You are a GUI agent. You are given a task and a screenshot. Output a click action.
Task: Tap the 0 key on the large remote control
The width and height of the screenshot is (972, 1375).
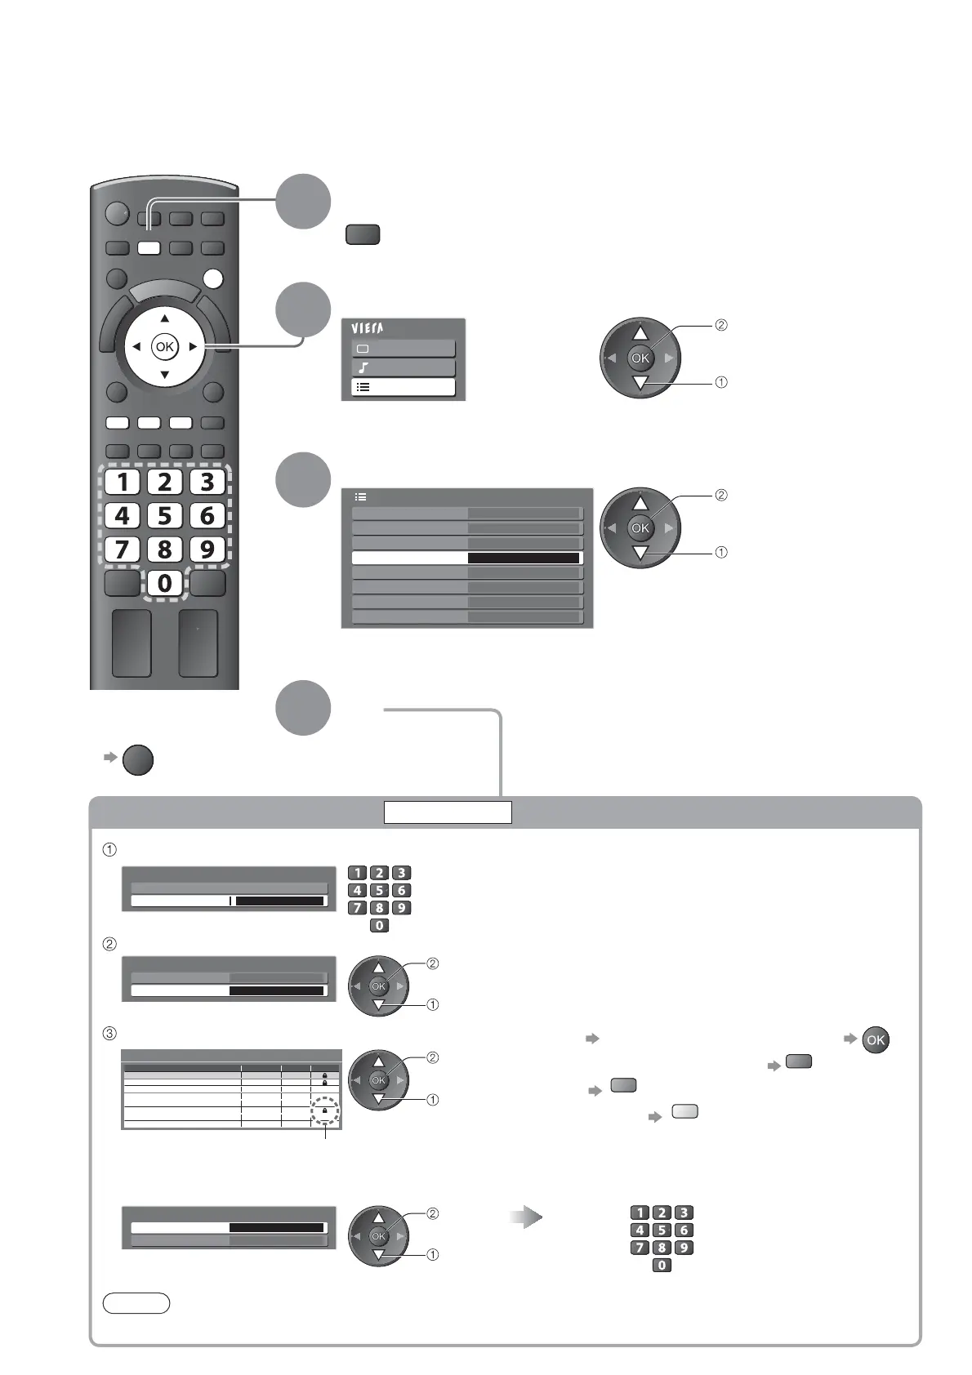click(x=165, y=583)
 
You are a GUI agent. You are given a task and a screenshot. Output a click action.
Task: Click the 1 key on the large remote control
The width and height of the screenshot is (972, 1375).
click(x=123, y=482)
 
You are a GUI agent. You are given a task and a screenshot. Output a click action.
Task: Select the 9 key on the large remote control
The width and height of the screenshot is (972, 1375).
click(x=207, y=549)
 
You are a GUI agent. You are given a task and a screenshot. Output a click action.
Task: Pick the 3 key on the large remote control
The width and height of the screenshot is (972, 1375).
click(x=207, y=482)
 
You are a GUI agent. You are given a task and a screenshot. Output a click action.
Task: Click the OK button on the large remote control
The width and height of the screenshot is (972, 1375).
click(x=165, y=347)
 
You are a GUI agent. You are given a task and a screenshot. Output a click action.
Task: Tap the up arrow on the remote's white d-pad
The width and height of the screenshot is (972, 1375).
click(x=165, y=318)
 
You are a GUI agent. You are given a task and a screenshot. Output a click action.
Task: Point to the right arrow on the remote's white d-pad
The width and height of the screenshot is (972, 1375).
click(x=193, y=347)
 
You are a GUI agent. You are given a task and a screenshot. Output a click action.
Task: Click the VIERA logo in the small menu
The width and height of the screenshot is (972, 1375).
click(x=368, y=328)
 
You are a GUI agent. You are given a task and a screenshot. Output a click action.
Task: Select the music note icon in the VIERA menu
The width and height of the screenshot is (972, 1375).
click(x=363, y=367)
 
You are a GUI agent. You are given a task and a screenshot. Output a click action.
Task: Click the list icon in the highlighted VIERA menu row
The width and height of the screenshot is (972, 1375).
click(x=363, y=387)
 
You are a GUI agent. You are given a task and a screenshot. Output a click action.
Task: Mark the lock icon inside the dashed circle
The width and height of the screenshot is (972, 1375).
click(x=325, y=1111)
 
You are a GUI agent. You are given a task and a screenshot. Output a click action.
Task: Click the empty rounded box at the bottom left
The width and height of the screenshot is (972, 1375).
click(x=136, y=1303)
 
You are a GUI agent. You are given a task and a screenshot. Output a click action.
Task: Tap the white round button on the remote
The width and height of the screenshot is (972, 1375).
click(x=212, y=278)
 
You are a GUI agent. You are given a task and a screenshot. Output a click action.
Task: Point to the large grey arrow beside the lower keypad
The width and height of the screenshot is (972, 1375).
click(x=528, y=1219)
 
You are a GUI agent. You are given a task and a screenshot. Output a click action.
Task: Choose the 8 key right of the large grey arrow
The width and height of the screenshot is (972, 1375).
click(x=662, y=1248)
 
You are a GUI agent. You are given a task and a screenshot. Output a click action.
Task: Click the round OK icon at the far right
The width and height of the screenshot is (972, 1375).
click(x=875, y=1040)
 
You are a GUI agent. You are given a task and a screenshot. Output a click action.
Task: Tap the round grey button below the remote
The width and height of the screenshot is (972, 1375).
click(x=138, y=759)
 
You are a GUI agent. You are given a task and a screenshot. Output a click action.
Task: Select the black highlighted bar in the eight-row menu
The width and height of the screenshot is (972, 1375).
click(x=524, y=558)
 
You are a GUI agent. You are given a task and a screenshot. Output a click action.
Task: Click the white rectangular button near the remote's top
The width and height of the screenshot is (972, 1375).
click(x=149, y=248)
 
